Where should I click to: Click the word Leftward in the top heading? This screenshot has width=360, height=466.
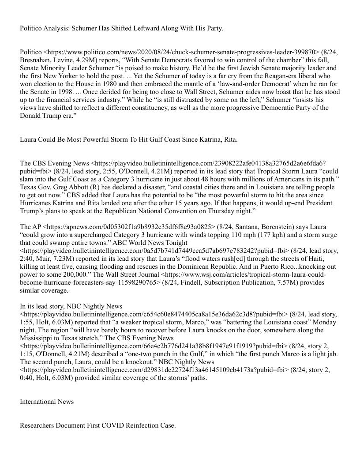point(139,29)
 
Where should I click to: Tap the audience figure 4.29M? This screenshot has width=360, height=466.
point(102,60)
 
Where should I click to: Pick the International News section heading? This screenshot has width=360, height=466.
point(47,402)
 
